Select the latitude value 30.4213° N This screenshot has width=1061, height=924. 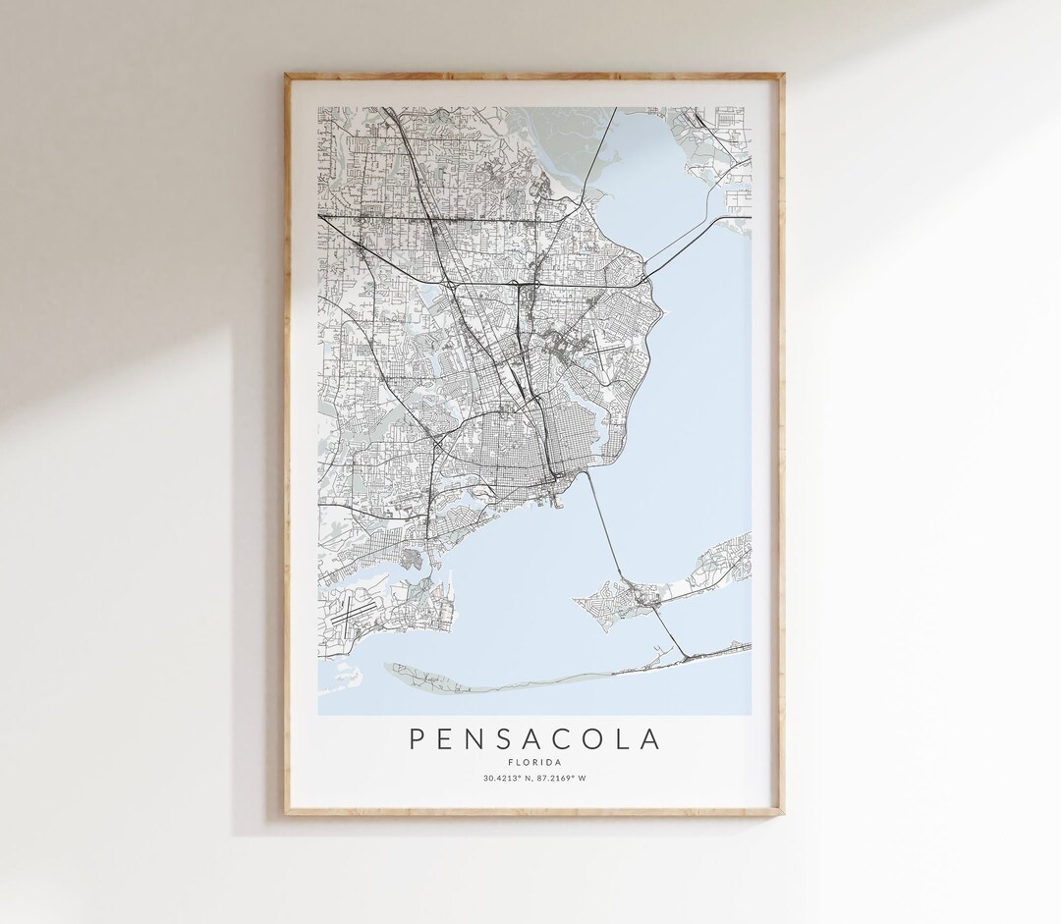click(x=508, y=779)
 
